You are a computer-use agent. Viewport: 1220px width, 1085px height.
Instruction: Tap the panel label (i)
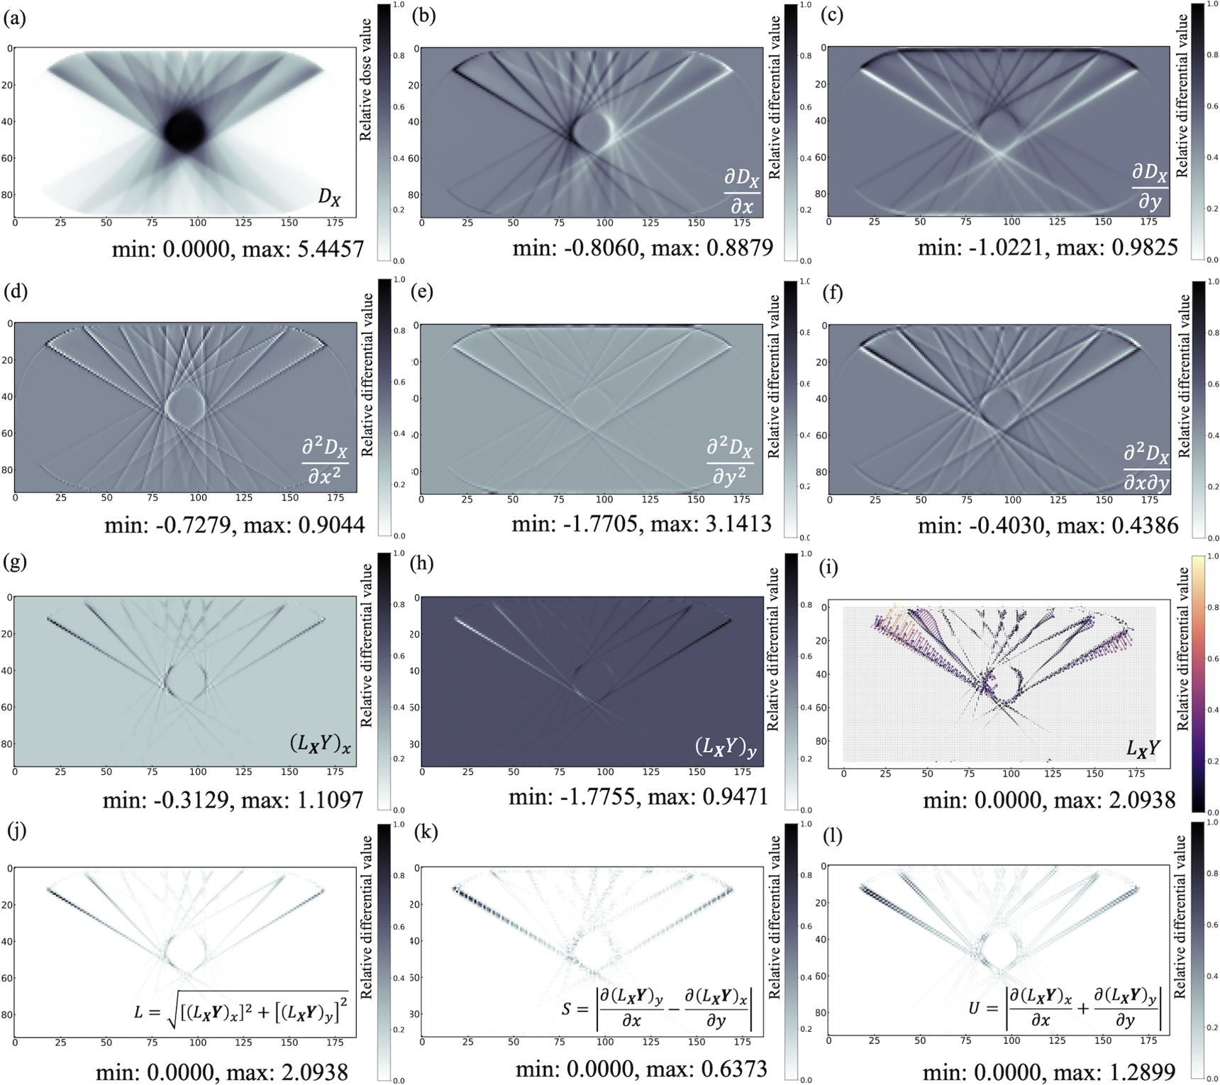coord(828,567)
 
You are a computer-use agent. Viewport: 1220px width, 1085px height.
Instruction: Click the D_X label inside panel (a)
coord(329,197)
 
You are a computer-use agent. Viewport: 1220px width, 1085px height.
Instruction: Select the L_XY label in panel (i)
coord(1143,747)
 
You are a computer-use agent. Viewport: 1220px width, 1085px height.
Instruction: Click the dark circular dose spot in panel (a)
coord(184,130)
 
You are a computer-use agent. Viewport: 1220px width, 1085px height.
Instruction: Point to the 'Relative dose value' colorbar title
coord(366,80)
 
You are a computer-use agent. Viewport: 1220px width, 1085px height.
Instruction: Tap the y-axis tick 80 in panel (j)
coord(8,1015)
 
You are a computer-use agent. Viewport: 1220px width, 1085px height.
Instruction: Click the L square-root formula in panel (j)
coord(241,1011)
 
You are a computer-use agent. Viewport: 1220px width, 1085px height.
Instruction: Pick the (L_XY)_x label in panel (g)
coord(320,743)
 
